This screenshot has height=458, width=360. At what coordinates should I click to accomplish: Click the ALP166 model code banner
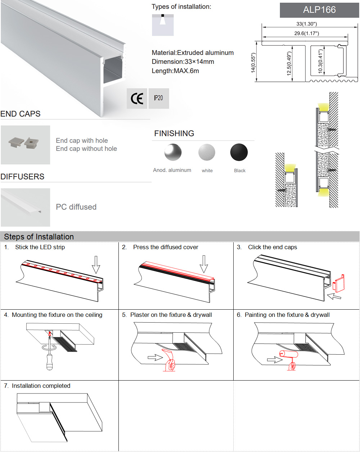coord(319,10)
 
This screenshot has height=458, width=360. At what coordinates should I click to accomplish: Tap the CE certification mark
coord(137,98)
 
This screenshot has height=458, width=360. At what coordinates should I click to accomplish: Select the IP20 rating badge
coord(158,98)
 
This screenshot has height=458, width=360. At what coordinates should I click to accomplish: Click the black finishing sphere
coord(239,152)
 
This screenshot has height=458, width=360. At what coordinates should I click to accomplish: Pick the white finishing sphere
coord(207,152)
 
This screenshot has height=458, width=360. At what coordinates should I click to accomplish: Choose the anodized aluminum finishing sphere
coord(173,152)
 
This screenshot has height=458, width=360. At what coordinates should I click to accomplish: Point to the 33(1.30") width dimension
coord(306,24)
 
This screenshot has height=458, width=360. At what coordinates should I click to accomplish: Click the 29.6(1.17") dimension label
coord(306,33)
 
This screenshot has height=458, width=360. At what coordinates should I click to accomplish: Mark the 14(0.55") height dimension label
coord(253,63)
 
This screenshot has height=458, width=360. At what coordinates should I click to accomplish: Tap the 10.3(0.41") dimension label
coord(320,61)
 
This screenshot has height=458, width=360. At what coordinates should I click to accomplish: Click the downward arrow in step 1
coord(96,265)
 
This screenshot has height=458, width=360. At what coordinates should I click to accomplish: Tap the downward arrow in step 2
coord(204,264)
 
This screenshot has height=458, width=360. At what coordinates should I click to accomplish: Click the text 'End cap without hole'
coord(86,149)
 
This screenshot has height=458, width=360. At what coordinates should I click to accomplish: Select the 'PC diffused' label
coord(76,207)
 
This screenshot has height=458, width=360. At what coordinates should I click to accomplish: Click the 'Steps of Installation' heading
coord(39,237)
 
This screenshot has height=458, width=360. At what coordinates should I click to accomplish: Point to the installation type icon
coord(163,25)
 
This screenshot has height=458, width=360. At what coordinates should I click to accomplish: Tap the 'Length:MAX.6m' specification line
coord(175,71)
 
